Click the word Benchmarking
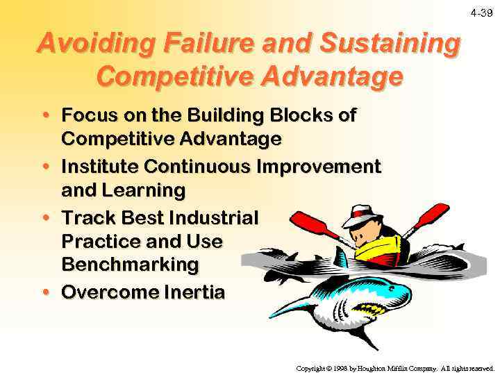[x=130, y=265]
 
